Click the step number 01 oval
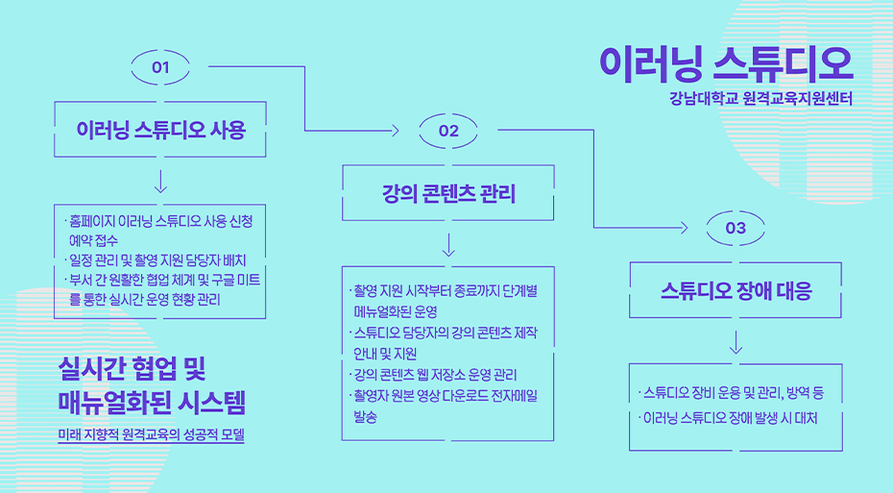coord(160,67)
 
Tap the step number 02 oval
coord(448,131)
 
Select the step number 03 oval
coord(736,228)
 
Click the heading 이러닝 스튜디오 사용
coord(160,129)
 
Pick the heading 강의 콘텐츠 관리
coord(448,194)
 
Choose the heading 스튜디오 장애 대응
coord(736,290)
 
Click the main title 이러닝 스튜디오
coord(725,63)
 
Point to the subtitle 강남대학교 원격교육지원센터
coord(761,98)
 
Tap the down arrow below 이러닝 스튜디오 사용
coord(160,181)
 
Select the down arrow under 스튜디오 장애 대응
coord(736,341)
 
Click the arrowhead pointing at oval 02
coord(395,130)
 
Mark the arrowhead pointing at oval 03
coord(683,228)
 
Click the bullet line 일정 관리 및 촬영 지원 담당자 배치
coord(157,260)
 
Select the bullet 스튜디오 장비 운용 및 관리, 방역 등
coord(733,393)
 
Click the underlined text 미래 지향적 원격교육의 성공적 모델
coord(151,434)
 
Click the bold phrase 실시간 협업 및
coord(133,366)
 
